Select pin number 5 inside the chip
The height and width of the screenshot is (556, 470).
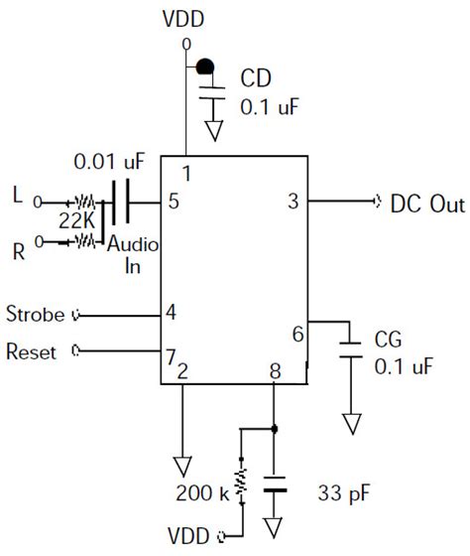(174, 203)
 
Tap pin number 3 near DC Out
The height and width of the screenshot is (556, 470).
(294, 202)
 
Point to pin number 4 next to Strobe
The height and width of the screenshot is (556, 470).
(172, 313)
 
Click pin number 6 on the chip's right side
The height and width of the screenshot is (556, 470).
(297, 335)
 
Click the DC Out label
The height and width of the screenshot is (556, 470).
(426, 205)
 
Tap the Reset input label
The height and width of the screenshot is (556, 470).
(32, 351)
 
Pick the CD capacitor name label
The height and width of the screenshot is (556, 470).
(256, 78)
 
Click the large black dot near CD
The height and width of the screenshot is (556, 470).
(204, 67)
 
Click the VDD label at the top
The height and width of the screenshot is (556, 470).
(184, 19)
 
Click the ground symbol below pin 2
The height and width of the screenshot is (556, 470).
(182, 466)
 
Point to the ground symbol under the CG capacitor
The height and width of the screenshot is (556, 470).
(349, 424)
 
